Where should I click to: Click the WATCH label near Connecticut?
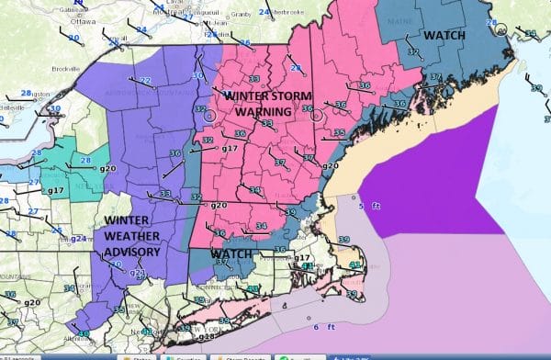(x=232, y=253)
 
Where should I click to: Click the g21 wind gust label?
(x=137, y=273)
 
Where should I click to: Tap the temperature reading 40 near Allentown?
(x=84, y=333)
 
